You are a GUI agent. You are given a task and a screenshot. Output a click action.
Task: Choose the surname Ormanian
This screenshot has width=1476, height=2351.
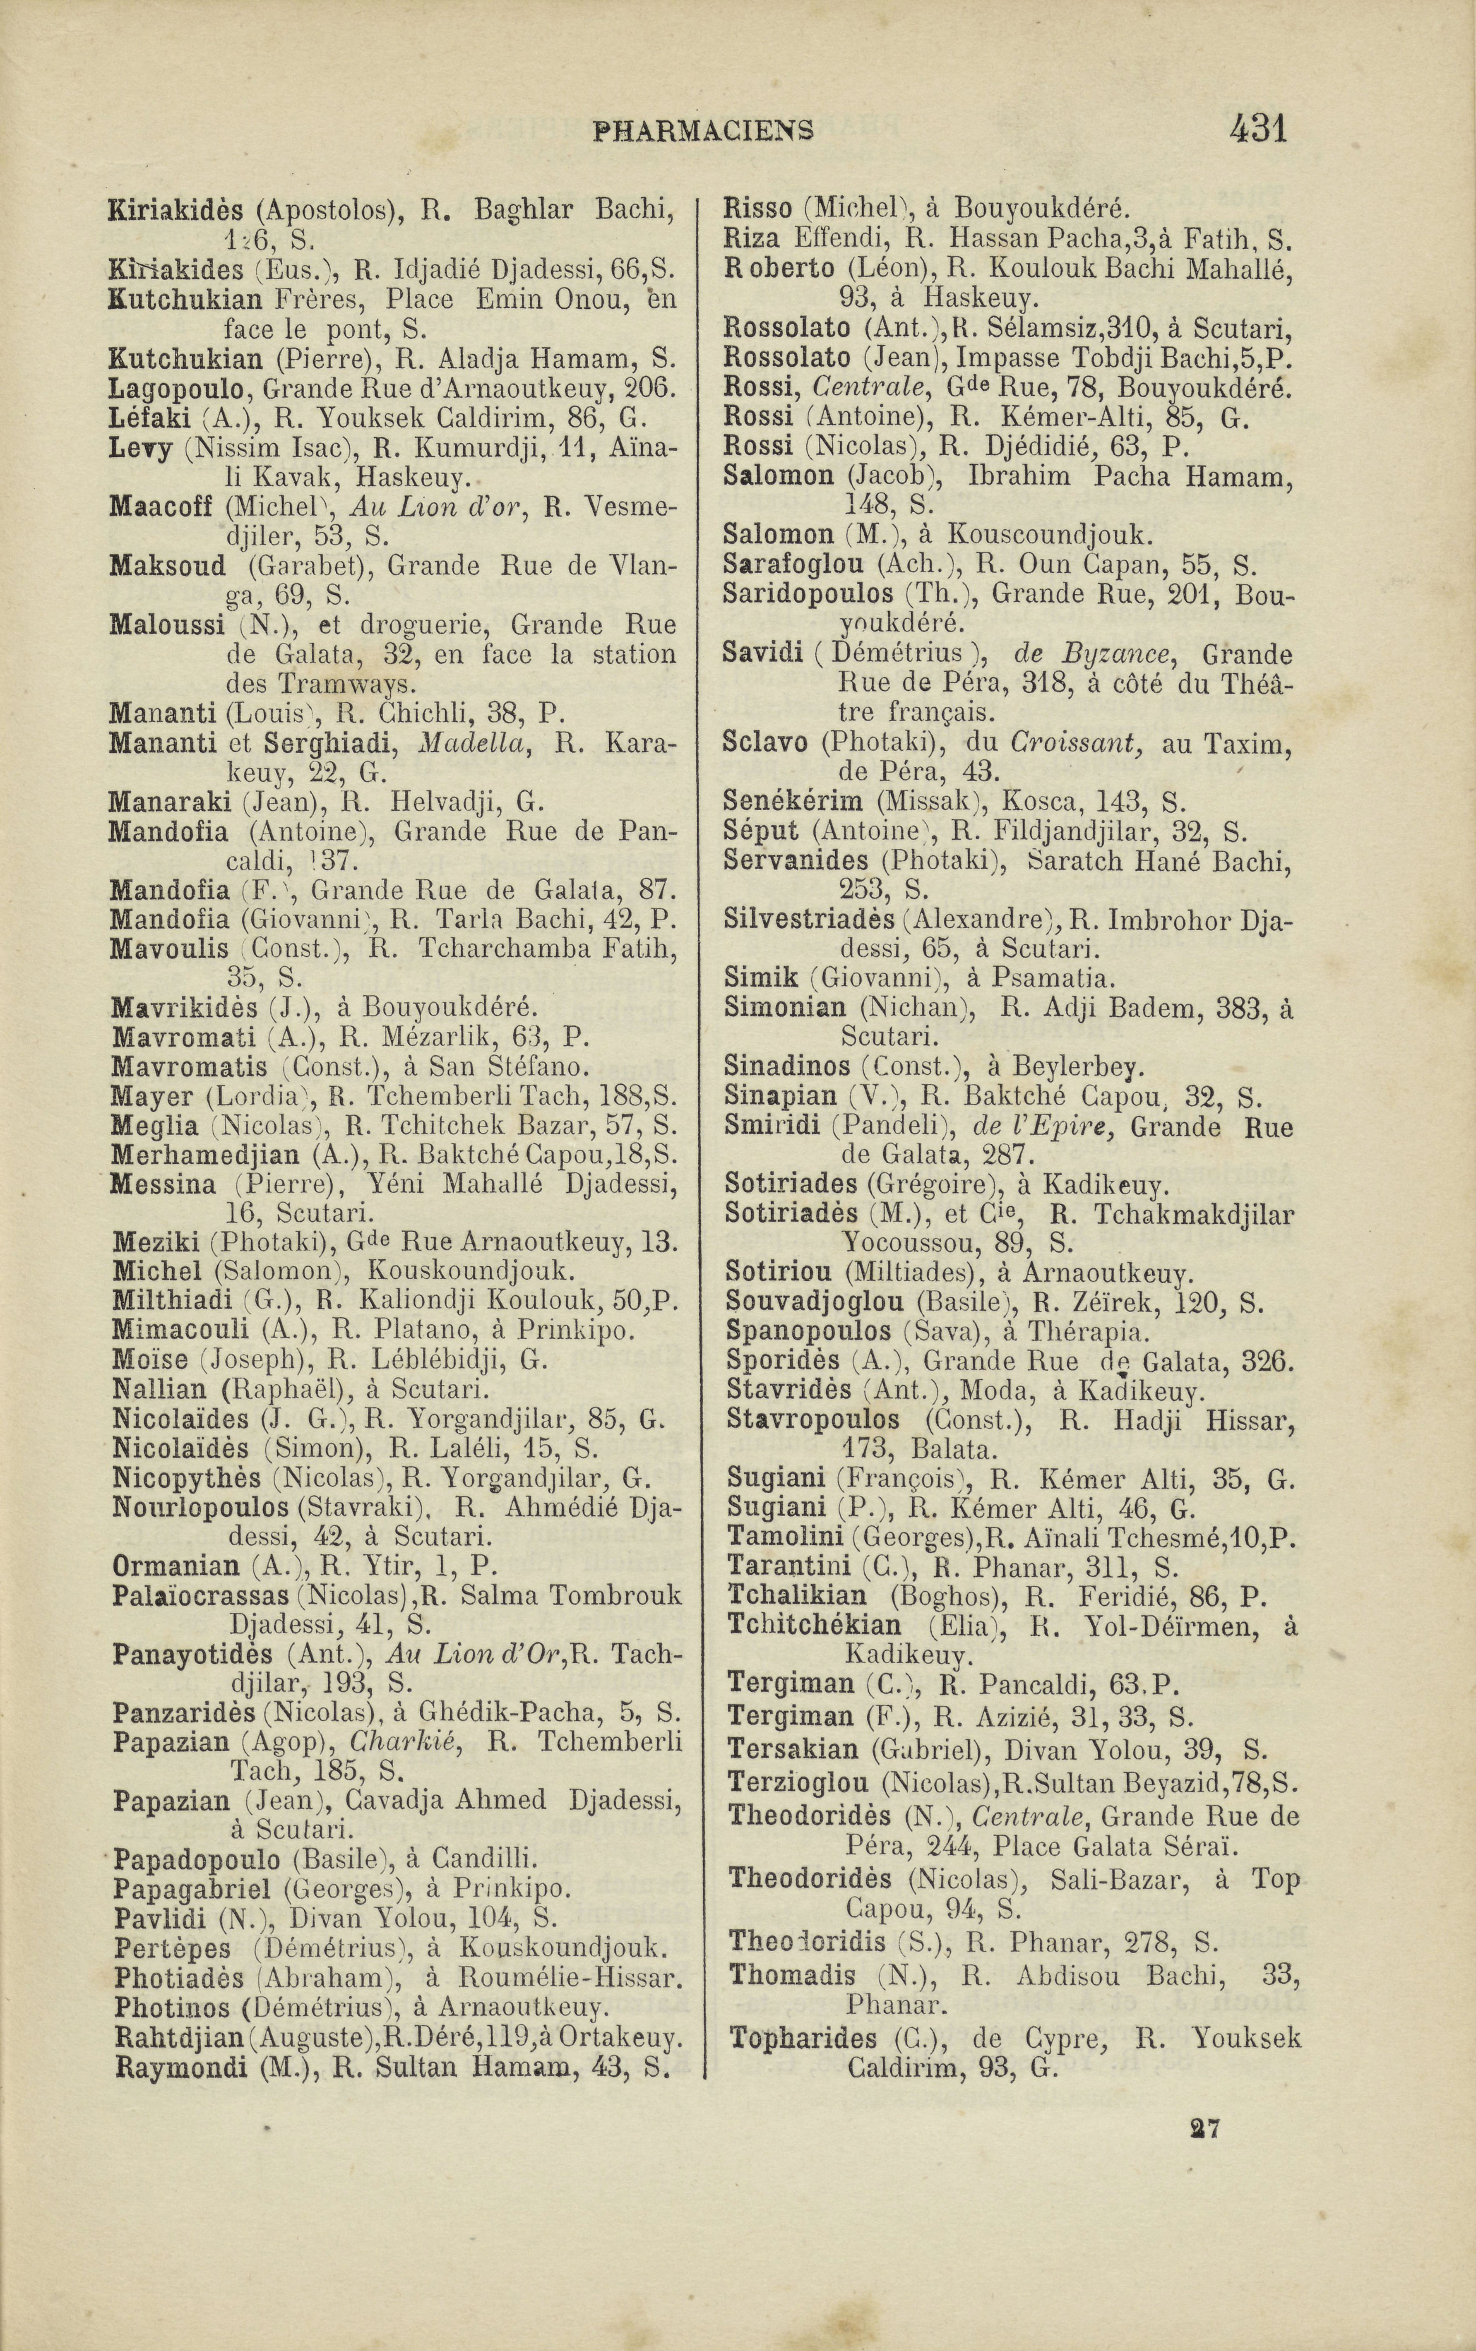[176, 1566]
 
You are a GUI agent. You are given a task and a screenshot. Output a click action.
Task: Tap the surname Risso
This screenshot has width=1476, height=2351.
[757, 208]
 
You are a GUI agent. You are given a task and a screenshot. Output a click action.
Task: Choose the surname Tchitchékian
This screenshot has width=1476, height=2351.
[813, 1625]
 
